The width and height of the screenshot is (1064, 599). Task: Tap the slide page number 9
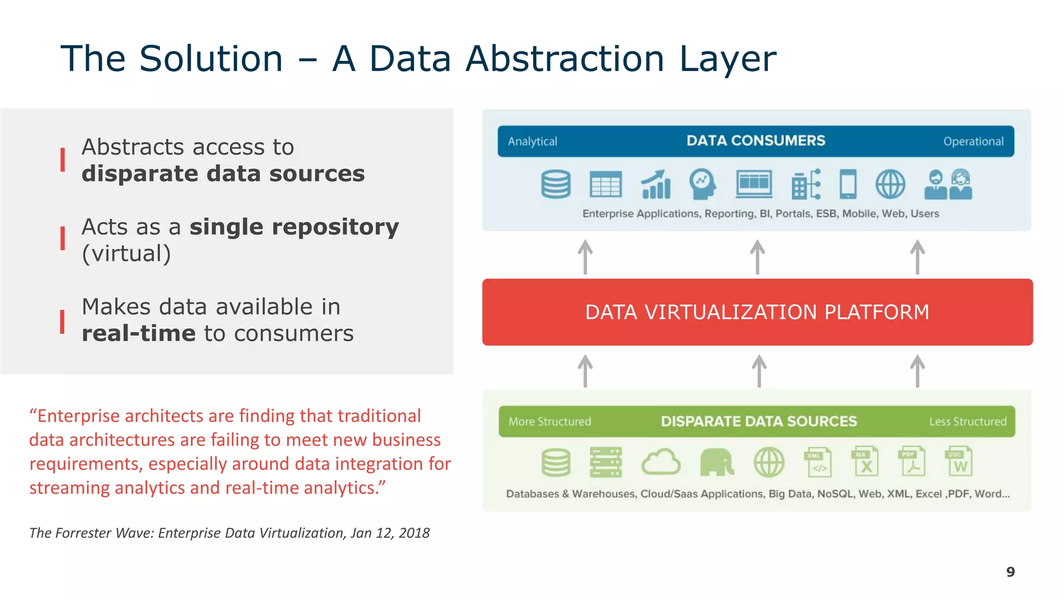coord(1010,571)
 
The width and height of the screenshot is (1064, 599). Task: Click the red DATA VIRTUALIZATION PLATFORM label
coord(757,312)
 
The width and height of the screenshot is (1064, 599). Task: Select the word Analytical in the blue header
coord(532,141)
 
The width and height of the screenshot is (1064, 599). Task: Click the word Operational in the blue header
coord(973,141)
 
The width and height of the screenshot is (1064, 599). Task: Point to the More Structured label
coord(550,421)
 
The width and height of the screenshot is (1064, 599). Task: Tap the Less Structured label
coord(967,421)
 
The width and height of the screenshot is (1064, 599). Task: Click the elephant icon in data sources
coord(716,462)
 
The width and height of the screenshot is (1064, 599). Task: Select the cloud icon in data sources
coord(660,462)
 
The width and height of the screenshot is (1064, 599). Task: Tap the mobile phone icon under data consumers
coord(848,184)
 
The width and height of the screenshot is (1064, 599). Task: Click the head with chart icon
coord(702,184)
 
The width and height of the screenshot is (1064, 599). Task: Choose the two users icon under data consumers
coord(948,185)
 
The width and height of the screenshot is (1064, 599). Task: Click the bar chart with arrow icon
coord(656,184)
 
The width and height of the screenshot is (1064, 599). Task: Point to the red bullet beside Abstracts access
coord(63,160)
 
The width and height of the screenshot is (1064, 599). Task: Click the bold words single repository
coord(294,227)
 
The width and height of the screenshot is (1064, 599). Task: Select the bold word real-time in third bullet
coord(138,333)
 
